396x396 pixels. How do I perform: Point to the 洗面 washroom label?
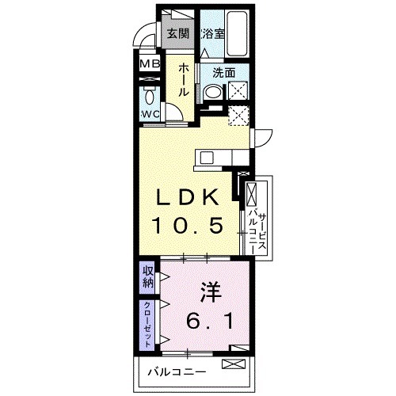224,72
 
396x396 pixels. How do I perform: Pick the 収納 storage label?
148,277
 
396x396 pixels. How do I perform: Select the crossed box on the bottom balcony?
234,365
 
